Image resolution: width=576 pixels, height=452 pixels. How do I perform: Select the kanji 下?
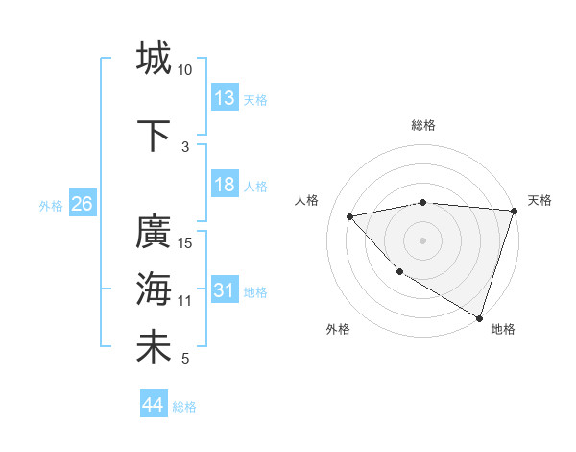click(x=154, y=135)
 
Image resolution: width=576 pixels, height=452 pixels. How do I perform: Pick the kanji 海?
click(x=154, y=288)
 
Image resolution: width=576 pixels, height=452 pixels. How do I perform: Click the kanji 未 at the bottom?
click(x=154, y=346)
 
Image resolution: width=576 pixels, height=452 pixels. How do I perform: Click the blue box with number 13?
click(x=225, y=98)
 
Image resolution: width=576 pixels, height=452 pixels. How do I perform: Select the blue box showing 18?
click(x=225, y=185)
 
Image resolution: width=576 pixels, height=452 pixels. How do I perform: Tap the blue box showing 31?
click(x=225, y=290)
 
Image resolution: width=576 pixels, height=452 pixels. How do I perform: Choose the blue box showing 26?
click(x=82, y=204)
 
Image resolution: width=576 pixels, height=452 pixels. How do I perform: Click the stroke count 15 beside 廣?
click(x=186, y=242)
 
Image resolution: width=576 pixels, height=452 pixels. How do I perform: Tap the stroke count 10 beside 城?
click(x=185, y=70)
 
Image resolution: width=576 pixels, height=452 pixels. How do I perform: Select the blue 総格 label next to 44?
click(x=184, y=407)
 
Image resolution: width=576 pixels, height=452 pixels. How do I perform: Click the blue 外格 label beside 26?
click(x=51, y=205)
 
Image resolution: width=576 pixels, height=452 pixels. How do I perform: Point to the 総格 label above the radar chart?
click(x=423, y=125)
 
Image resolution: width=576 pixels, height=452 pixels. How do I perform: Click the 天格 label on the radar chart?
click(x=540, y=200)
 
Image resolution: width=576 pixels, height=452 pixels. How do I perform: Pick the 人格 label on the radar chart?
click(x=307, y=200)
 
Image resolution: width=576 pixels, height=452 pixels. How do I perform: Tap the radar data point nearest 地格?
click(x=479, y=316)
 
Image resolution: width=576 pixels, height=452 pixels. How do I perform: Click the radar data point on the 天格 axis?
click(x=514, y=211)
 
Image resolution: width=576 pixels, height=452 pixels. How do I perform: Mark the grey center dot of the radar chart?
click(x=422, y=240)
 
